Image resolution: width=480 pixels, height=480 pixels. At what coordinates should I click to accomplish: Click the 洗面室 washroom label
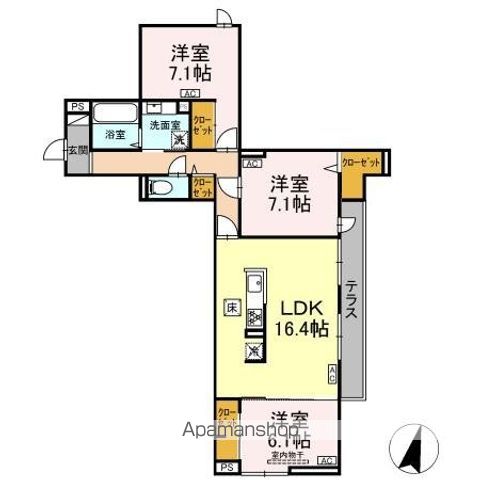pos(165,125)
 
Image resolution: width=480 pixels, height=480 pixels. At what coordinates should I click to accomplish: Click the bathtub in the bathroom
pos(112,112)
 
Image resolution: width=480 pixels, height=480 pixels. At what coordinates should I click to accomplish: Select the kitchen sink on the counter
pos(254,281)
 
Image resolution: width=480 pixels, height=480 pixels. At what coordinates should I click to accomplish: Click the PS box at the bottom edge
pos(226,467)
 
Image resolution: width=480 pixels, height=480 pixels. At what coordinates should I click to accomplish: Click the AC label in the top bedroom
pos(188,95)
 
